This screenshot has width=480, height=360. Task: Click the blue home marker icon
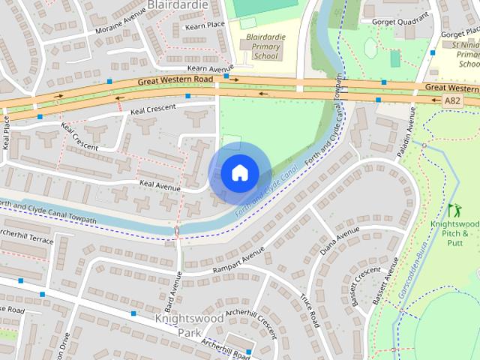[238, 173]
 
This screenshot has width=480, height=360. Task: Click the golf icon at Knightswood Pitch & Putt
[454, 211]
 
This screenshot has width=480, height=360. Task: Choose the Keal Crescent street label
[152, 109]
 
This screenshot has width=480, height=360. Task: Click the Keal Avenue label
[160, 182]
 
